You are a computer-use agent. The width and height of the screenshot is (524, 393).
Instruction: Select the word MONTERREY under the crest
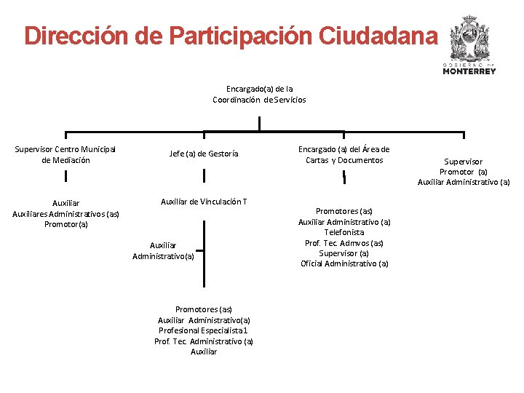coord(469,72)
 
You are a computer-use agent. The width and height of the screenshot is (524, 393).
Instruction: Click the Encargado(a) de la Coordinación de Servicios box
coord(259,94)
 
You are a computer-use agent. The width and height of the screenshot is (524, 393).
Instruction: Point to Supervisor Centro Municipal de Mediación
coord(65,155)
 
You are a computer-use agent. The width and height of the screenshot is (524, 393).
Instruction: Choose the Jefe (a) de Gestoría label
coord(204,154)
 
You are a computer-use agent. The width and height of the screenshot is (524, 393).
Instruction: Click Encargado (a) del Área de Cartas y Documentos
coord(344,155)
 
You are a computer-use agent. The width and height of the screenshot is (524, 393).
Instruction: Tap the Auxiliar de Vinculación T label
coord(204,202)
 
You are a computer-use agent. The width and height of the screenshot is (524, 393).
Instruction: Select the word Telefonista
coord(344,232)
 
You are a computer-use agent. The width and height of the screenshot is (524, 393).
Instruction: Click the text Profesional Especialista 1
coord(204,330)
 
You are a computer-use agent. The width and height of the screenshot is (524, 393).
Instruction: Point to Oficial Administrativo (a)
coord(344,263)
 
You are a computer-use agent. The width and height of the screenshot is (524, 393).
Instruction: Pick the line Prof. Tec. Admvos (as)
coord(344,243)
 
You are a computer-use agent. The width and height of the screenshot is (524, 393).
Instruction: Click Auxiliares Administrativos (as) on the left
coord(65,214)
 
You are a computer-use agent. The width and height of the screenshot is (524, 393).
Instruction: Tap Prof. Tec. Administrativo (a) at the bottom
coord(204,341)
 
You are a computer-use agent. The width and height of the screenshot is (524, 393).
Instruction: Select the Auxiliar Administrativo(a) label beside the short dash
coord(163,251)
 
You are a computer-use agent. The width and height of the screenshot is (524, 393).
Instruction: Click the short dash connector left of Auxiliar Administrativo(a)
coord(199,247)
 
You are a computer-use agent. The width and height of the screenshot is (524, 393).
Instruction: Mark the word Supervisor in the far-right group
coord(464,162)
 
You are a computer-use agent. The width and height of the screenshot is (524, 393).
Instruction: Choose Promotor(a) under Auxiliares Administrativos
coord(65,224)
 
